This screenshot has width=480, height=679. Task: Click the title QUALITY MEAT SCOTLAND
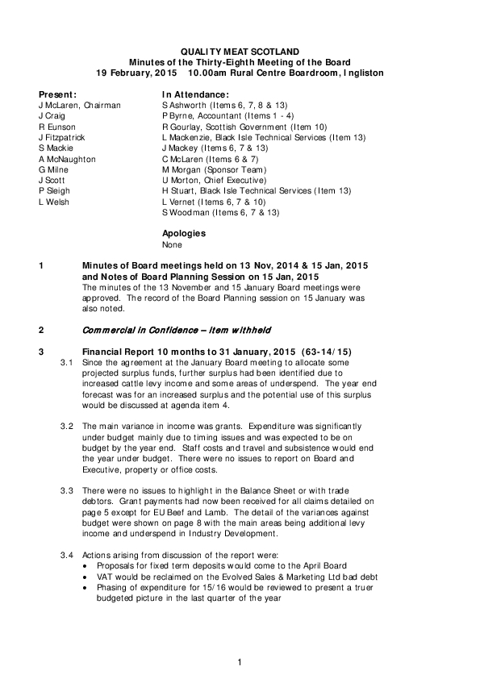coord(240,51)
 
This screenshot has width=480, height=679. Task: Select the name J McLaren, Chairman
coord(79,106)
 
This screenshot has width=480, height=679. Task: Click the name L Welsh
coord(54,202)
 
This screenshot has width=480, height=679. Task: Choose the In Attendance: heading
coord(196,94)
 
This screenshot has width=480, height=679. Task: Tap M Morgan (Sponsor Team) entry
coord(213,170)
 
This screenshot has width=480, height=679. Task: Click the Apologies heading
coord(183,234)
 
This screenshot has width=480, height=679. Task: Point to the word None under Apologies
coord(172,244)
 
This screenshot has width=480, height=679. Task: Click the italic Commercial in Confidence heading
coord(177,331)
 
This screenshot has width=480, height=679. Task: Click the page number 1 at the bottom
coord(240,662)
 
